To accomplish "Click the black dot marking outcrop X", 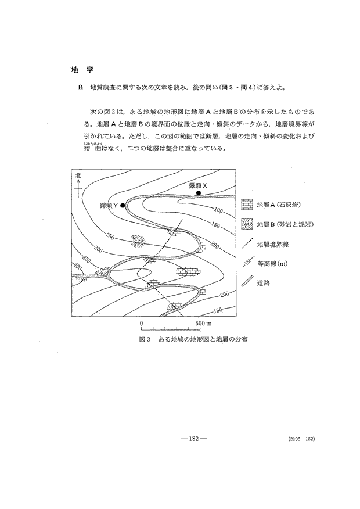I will (x=199, y=192).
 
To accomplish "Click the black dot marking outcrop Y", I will (x=123, y=205).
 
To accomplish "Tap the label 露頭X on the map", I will (x=198, y=185).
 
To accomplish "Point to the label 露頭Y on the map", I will (x=109, y=205).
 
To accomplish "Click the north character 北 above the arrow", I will (x=77, y=175).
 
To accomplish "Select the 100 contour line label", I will (x=218, y=210).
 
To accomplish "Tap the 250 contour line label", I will (x=110, y=236).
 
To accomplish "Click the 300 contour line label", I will (x=97, y=249).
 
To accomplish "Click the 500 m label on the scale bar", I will (x=203, y=322).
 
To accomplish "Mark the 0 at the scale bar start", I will (x=141, y=322).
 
